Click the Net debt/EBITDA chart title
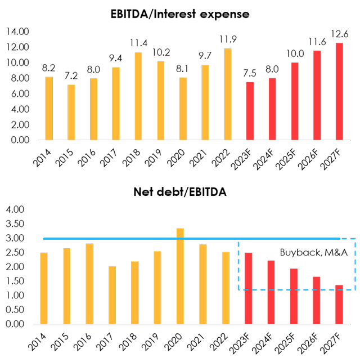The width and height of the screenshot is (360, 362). point(180,194)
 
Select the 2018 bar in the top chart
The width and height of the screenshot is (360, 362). point(138,96)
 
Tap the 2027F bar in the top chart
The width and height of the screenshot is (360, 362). point(339,91)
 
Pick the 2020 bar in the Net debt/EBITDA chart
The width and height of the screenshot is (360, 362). point(179,275)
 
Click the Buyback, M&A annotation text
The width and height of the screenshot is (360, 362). point(304,251)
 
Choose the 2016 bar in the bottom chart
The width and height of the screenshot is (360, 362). point(89,283)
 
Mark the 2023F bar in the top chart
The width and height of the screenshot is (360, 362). point(250,111)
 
